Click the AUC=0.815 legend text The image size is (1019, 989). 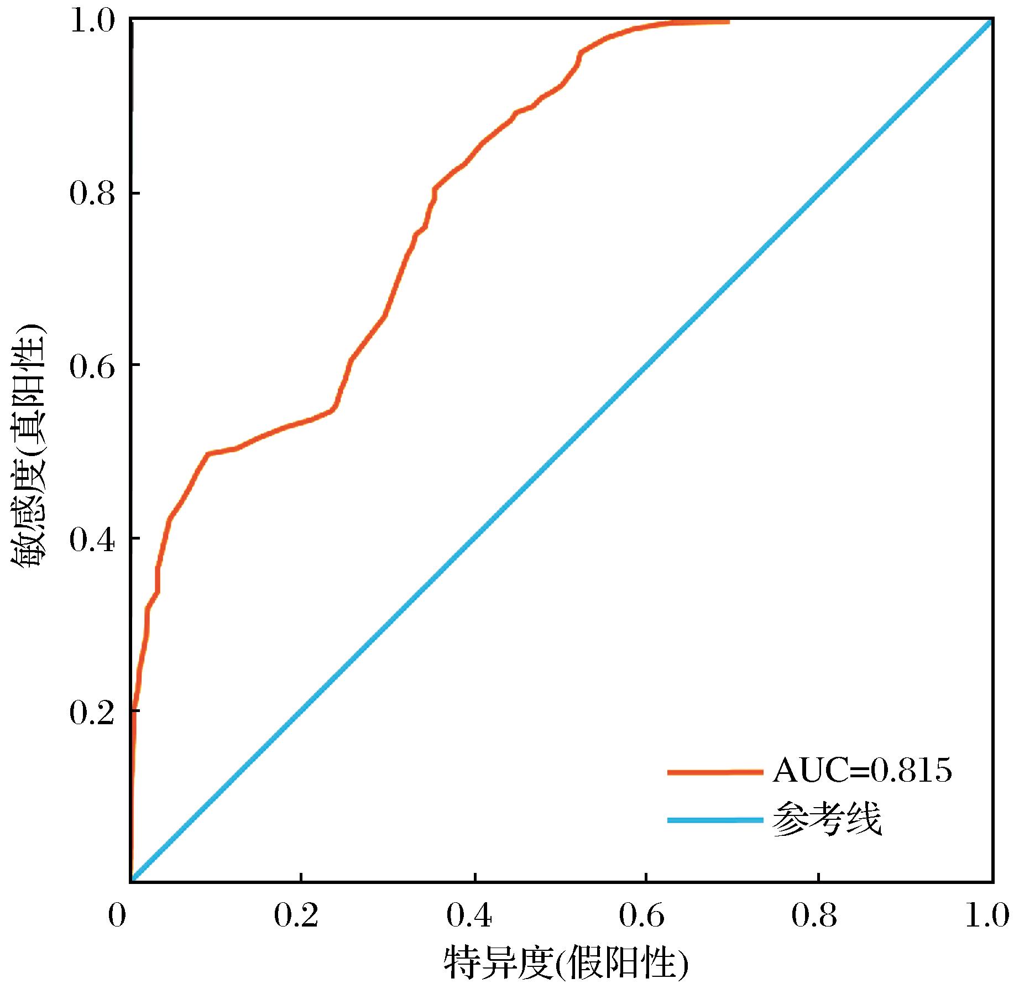pyautogui.click(x=861, y=771)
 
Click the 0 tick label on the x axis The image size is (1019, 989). pyautogui.click(x=117, y=916)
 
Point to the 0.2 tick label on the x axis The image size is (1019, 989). pyautogui.click(x=296, y=916)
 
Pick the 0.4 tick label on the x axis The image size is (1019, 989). pyautogui.click(x=469, y=916)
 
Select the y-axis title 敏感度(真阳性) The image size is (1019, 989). pyautogui.click(x=29, y=448)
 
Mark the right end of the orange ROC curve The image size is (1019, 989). pyautogui.click(x=728, y=22)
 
